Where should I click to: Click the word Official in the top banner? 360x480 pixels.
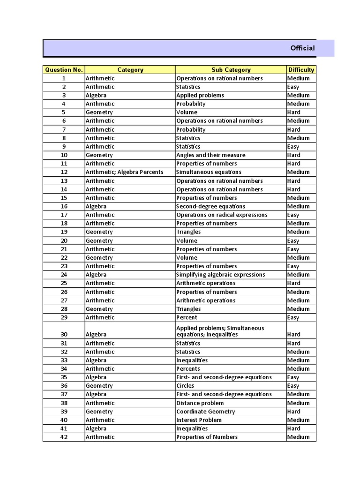302,48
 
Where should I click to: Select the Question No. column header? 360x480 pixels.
64,70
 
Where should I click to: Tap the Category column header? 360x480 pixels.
130,70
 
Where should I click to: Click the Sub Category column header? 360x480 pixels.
231,70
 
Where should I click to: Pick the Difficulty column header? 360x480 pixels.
301,70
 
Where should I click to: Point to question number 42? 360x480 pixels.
64,437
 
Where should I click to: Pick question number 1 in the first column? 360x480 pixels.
64,78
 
